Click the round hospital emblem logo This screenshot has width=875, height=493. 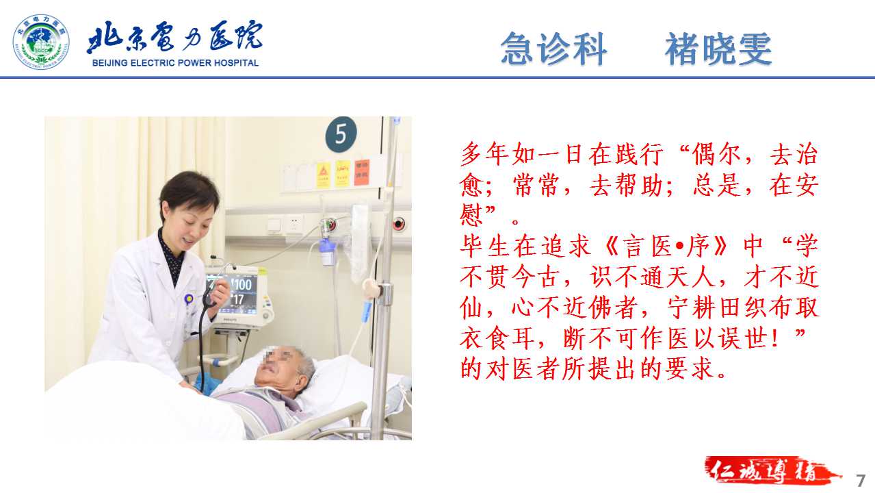tap(41, 42)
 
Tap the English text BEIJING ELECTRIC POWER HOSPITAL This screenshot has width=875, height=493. tap(175, 63)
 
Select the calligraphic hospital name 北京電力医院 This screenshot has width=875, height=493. tap(174, 36)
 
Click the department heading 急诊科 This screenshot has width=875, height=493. tap(554, 49)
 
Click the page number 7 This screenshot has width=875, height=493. tap(861, 481)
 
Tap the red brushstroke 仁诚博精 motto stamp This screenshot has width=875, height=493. tap(770, 470)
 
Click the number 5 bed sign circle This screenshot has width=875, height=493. tap(341, 134)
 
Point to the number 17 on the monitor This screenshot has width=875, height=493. tap(238, 300)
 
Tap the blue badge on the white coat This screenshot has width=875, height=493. tap(189, 299)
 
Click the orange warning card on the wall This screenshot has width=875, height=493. tap(362, 173)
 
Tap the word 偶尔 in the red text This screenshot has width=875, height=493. tap(716, 154)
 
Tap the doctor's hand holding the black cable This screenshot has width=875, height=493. tap(220, 291)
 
